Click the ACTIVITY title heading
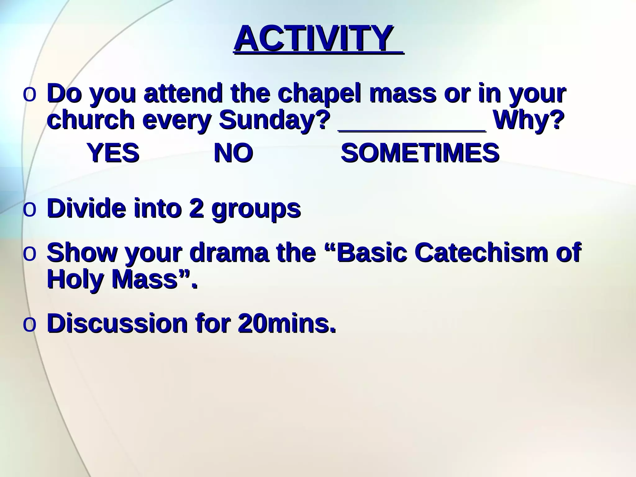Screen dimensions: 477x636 314,39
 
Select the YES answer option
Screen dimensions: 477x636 113,153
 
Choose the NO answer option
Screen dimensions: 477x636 234,153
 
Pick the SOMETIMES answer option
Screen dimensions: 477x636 420,153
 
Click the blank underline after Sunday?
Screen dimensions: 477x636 412,129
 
